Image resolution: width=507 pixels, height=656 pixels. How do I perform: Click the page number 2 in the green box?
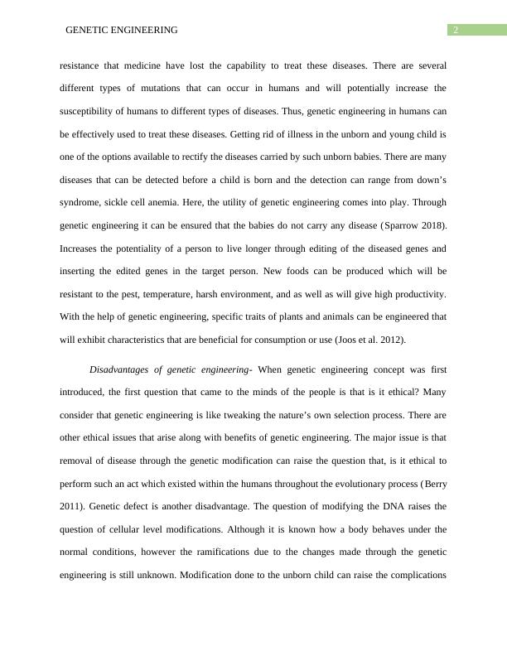coord(455,31)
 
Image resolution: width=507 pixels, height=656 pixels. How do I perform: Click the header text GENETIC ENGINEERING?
coord(121,31)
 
